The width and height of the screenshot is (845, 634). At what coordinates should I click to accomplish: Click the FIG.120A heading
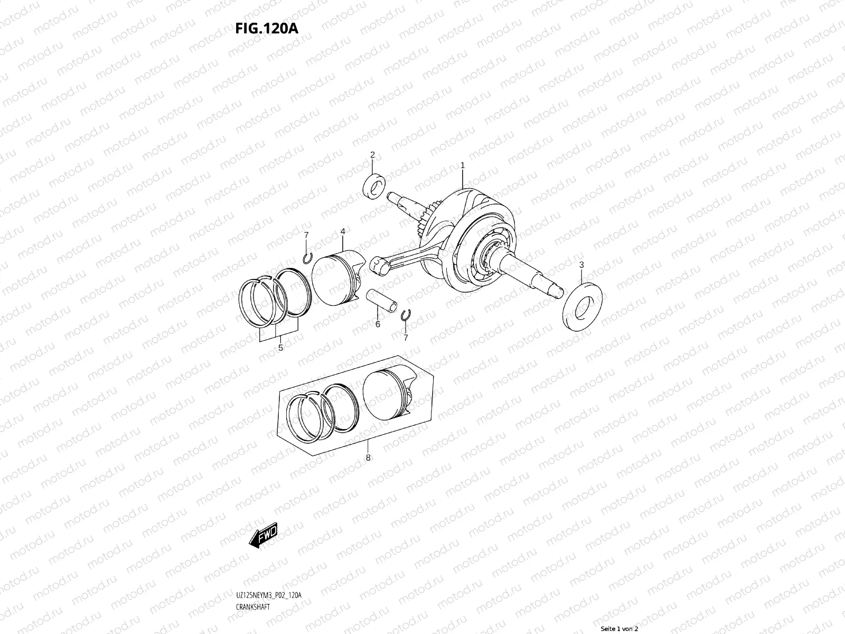267,28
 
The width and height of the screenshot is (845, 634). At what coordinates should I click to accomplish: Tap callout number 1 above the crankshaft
463,165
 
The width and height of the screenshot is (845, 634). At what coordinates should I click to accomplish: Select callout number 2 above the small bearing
372,155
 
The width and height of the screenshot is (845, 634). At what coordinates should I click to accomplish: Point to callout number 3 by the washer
581,265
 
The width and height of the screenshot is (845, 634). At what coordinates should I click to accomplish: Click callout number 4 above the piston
343,231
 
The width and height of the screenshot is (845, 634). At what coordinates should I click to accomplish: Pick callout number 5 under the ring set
280,348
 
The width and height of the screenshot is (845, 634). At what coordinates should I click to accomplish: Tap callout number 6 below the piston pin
378,324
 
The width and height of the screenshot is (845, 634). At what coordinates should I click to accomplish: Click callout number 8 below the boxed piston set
368,458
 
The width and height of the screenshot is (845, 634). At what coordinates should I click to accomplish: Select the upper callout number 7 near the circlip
306,234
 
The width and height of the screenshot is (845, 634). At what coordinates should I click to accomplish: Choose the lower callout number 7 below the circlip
406,337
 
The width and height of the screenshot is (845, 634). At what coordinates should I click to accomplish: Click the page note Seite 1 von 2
619,629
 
